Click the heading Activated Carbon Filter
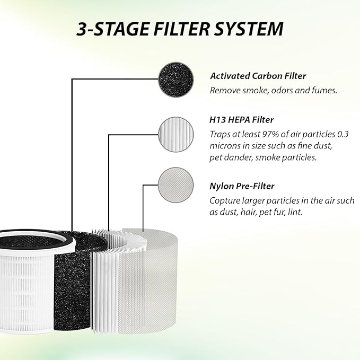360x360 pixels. pos(258,76)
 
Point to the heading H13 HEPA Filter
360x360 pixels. pos(241,120)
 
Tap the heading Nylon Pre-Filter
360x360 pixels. pos(241,186)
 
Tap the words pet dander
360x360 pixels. pos(233,158)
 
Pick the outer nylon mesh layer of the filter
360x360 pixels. pos(159,286)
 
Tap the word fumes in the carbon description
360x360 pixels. pos(325,91)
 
